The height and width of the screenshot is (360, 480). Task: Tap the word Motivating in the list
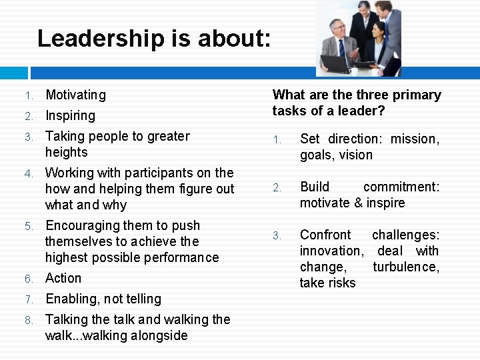coord(75,95)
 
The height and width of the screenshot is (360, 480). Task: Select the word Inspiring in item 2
coord(70,116)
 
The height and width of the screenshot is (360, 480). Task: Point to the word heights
coord(67,153)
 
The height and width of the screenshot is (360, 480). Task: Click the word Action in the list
coord(63,279)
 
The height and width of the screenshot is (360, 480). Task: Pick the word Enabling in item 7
coord(70,299)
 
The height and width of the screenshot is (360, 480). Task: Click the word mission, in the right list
coord(415,139)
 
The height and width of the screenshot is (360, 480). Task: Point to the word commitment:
coord(401,187)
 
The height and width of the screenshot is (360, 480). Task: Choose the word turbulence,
coord(406,267)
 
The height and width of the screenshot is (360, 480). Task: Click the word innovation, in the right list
coord(331,251)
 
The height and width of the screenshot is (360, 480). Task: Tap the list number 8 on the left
coord(29,321)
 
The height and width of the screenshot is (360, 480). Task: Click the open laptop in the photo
coord(337,63)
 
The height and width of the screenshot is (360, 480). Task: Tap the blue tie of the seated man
coord(342,48)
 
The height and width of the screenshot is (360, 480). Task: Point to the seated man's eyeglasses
coord(339,29)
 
